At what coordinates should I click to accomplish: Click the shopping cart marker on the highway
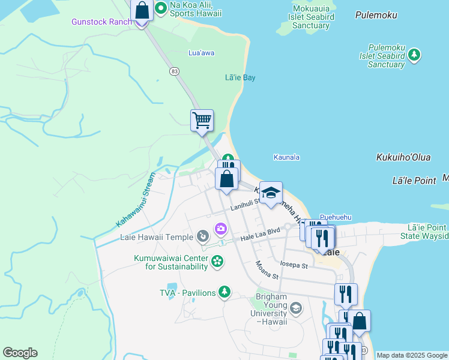click(x=202, y=120)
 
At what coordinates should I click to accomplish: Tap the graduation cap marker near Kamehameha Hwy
click(x=271, y=193)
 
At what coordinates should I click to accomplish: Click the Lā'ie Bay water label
click(x=240, y=78)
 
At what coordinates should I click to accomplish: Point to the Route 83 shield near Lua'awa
click(x=174, y=71)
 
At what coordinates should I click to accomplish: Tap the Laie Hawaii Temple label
click(x=148, y=237)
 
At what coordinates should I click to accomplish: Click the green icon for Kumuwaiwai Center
click(x=217, y=260)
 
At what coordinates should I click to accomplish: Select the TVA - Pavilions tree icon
click(x=224, y=292)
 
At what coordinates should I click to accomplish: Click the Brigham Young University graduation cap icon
click(x=295, y=309)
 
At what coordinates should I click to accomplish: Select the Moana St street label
click(x=267, y=271)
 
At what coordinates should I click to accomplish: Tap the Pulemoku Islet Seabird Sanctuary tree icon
click(x=414, y=55)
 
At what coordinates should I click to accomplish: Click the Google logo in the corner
click(x=20, y=353)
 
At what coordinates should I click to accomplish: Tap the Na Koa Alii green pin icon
click(x=161, y=8)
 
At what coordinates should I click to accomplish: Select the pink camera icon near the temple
click(x=221, y=229)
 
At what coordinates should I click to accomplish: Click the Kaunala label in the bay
click(x=286, y=157)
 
